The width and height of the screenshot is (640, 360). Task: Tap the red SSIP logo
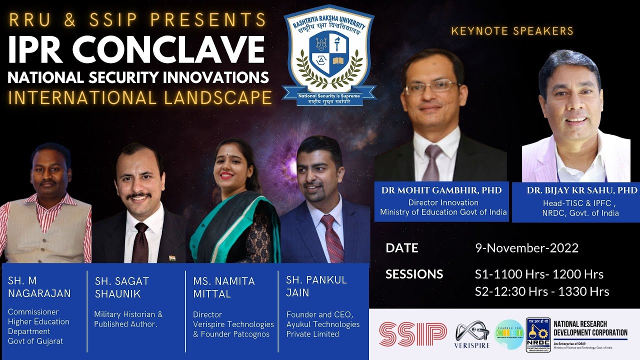click(412, 334)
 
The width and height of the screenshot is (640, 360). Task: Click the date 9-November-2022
click(526, 248)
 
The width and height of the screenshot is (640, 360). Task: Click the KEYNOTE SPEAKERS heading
click(512, 31)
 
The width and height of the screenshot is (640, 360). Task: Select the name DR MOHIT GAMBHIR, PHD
click(441, 190)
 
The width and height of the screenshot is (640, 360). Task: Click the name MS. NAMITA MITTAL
click(223, 288)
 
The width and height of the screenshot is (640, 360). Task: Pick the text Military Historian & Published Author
click(128, 319)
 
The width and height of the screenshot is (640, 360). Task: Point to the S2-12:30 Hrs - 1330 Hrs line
click(542, 291)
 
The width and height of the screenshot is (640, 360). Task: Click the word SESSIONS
click(414, 274)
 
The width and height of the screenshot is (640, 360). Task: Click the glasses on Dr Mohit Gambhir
click(430, 87)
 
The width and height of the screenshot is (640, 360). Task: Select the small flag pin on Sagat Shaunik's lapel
click(171, 258)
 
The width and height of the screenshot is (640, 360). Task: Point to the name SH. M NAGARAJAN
click(39, 287)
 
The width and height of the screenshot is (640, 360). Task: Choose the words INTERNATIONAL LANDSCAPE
click(140, 97)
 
